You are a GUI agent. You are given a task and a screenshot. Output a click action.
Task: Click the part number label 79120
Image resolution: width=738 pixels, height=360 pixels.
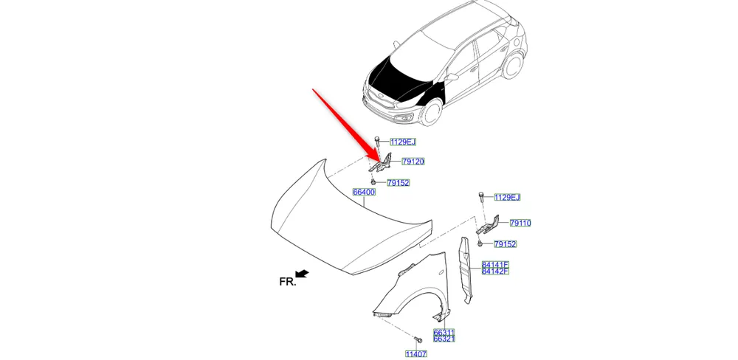413,162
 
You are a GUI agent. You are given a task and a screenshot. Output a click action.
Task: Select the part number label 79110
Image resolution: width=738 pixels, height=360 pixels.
520,223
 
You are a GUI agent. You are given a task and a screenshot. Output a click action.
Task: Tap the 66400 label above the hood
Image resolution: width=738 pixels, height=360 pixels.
364,192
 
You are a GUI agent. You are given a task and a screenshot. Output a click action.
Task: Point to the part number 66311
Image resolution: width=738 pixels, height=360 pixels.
444,332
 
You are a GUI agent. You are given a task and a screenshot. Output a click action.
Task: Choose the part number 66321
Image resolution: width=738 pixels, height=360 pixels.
444,339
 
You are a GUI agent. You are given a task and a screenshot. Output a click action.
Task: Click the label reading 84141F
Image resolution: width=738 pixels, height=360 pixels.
495,265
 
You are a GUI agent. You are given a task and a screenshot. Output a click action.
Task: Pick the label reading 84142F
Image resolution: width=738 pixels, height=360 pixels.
495,271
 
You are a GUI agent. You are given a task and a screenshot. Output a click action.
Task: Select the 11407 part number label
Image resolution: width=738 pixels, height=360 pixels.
416,353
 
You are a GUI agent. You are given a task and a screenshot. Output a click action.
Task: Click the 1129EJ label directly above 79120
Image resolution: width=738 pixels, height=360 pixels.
403,142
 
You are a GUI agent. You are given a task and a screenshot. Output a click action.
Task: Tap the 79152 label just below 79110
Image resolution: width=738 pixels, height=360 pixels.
505,243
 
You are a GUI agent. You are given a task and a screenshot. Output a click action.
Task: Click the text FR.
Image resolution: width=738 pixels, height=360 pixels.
288,281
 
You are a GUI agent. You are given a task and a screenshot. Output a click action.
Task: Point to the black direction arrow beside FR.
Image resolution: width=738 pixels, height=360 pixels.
302,274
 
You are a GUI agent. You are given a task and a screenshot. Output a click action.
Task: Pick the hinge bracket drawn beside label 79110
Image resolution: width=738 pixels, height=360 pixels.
488,225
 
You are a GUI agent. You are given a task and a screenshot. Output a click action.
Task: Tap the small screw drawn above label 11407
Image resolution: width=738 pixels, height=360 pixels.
418,339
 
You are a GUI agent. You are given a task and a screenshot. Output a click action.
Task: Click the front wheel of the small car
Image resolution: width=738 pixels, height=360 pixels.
431,112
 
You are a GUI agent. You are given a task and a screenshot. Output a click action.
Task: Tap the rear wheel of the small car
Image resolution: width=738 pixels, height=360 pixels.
513,65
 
